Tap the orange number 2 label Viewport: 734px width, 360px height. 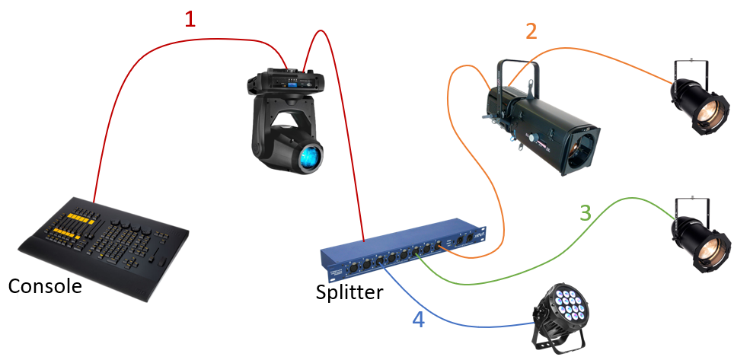coord(531,31)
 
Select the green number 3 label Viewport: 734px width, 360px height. coord(585,212)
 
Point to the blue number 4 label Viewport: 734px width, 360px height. coord(418,319)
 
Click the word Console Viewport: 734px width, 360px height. coord(44,286)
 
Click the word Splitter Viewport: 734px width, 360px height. coord(349,293)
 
